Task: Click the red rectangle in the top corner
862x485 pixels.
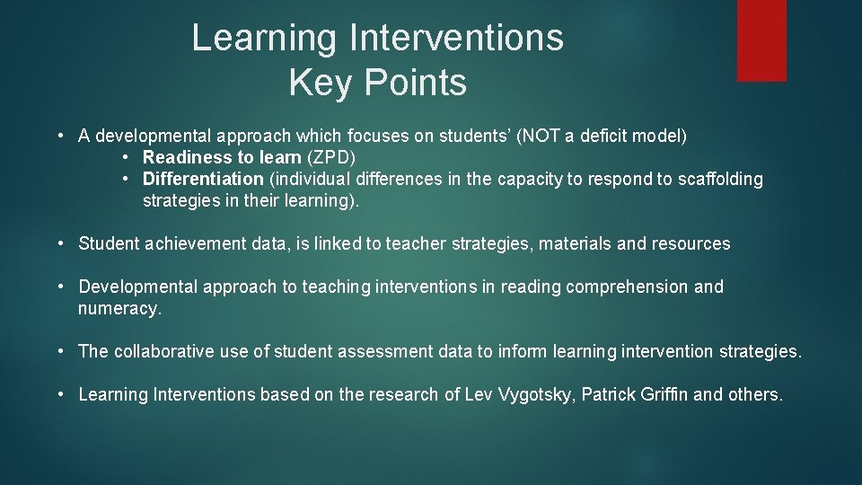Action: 761,40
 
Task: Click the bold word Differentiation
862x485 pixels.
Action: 203,179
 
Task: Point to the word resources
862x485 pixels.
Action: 693,243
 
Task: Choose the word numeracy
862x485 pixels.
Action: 119,308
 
